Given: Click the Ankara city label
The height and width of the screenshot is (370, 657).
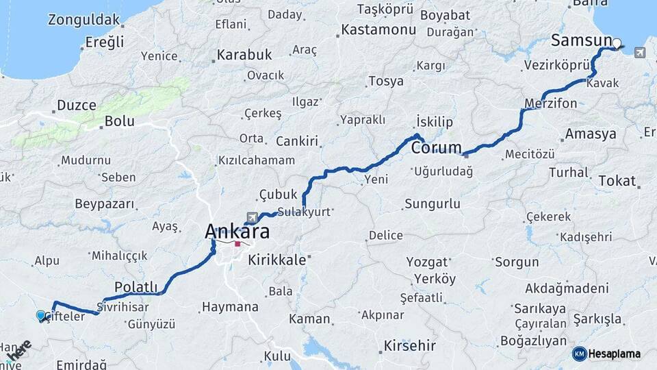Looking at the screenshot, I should pyautogui.click(x=237, y=232).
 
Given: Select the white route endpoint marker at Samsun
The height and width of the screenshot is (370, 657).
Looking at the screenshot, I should pyautogui.click(x=617, y=44).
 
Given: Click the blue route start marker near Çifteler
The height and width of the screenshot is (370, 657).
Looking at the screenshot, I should pyautogui.click(x=41, y=315).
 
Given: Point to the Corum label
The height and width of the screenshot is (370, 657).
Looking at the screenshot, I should pyautogui.click(x=435, y=147).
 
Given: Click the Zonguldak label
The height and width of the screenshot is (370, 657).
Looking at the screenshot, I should pyautogui.click(x=85, y=20).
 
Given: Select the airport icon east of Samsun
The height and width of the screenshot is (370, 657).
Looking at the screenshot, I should pyautogui.click(x=639, y=52).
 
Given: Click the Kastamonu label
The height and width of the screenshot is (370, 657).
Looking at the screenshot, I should pyautogui.click(x=378, y=30).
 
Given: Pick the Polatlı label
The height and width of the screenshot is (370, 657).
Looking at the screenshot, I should pyautogui.click(x=136, y=287).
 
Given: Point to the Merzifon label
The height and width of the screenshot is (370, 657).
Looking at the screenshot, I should pyautogui.click(x=551, y=103).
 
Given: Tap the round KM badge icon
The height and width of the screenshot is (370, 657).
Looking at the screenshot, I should pyautogui.click(x=580, y=354).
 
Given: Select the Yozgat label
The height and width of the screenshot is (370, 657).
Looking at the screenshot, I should pyautogui.click(x=428, y=262).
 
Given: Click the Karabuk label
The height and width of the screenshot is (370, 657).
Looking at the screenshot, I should pyautogui.click(x=244, y=55).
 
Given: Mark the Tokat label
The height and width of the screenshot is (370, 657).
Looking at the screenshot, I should pyautogui.click(x=617, y=181).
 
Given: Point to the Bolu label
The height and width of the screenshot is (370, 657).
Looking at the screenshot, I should pyautogui.click(x=119, y=122).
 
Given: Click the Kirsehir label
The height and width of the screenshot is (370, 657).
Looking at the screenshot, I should pyautogui.click(x=409, y=345).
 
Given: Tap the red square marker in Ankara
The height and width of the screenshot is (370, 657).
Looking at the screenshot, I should pyautogui.click(x=238, y=243).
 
